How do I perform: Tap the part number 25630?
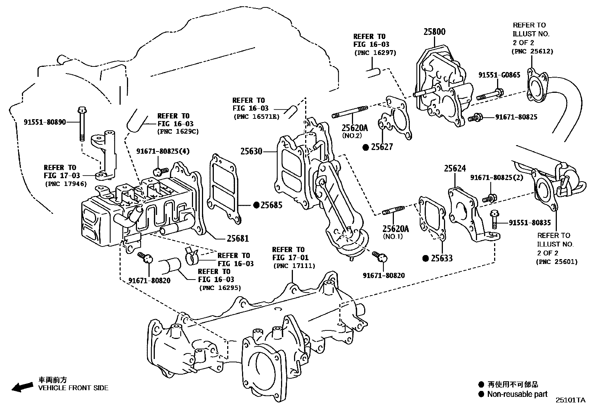(x=251, y=151)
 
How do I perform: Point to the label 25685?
(x=271, y=205)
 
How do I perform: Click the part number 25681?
(x=238, y=239)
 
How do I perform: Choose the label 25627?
(x=382, y=147)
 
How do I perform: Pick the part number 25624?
(x=455, y=169)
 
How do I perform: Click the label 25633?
(x=441, y=258)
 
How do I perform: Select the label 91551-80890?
(x=45, y=122)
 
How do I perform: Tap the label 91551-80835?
(x=529, y=223)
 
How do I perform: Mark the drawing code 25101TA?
(x=570, y=400)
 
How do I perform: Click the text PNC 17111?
(x=294, y=266)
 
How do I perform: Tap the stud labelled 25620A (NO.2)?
(x=349, y=111)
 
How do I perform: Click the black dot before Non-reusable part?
(x=481, y=394)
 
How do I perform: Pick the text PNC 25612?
(x=533, y=51)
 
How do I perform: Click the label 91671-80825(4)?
(x=163, y=151)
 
